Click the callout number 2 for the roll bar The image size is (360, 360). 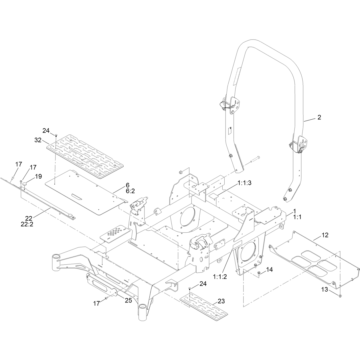(x=319, y=117)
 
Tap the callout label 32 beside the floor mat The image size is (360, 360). (x=38, y=140)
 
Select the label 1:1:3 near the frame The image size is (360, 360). (x=245, y=183)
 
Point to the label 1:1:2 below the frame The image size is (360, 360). (x=220, y=277)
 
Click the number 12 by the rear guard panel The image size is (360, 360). (x=325, y=235)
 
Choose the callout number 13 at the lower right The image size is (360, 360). (x=325, y=289)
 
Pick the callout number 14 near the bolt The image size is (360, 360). (x=269, y=270)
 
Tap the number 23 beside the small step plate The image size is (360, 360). (x=221, y=301)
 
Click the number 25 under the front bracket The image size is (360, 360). (x=128, y=300)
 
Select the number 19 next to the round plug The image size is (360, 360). (x=38, y=176)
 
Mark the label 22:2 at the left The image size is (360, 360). (x=27, y=224)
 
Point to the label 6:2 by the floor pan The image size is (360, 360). (x=130, y=191)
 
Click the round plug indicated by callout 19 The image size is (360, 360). (x=25, y=184)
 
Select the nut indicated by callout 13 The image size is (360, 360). (x=340, y=296)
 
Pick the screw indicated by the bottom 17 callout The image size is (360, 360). (x=106, y=298)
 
